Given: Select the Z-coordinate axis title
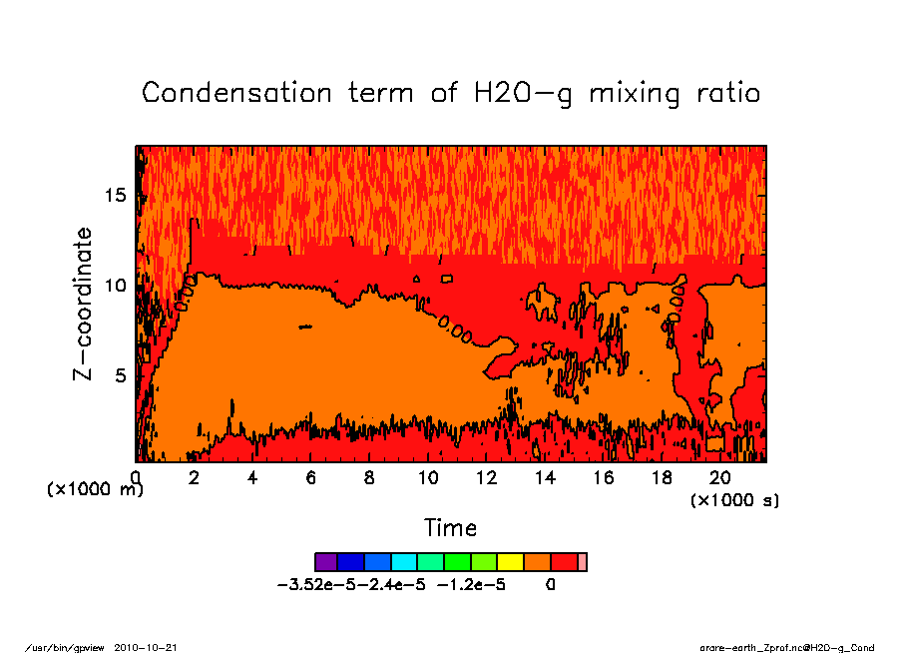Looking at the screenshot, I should (x=84, y=303).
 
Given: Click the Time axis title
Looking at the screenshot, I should (x=450, y=527).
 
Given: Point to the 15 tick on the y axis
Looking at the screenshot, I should (x=116, y=195).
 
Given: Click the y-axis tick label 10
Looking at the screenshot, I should (x=116, y=285).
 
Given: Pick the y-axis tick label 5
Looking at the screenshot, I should (x=121, y=375).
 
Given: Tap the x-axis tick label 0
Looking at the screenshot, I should (x=136, y=477).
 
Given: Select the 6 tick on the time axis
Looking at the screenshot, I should (x=311, y=477).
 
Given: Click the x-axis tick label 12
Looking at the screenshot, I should (x=486, y=477).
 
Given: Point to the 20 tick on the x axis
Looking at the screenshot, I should (x=720, y=477).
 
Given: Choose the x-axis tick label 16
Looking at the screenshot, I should (x=604, y=477).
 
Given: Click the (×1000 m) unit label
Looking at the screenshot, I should (x=96, y=490).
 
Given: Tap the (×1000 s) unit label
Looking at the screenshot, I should (x=734, y=499).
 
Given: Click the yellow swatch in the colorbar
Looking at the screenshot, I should (x=510, y=562).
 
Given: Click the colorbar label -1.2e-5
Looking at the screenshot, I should (x=471, y=585).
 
